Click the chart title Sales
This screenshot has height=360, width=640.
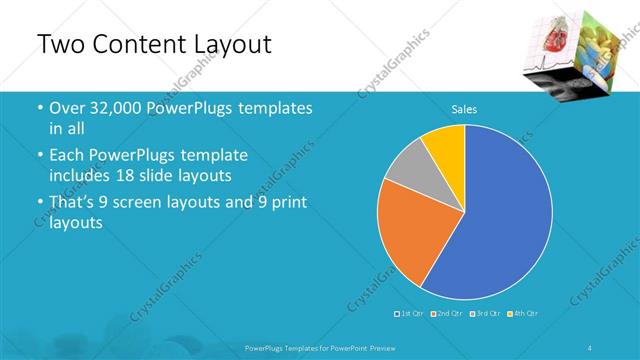coord(464,108)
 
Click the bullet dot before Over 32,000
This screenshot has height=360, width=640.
coord(39,108)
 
